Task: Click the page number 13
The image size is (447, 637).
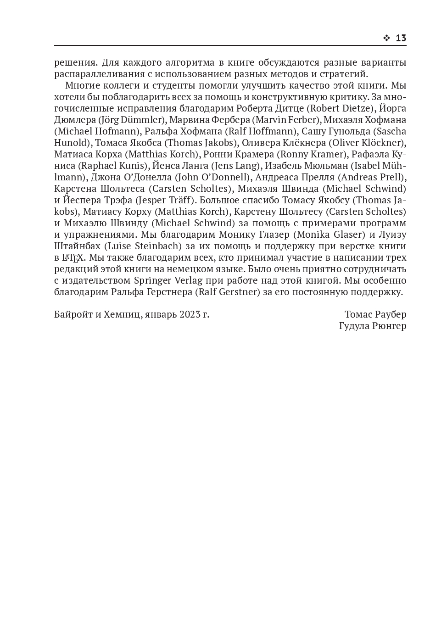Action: tap(401, 38)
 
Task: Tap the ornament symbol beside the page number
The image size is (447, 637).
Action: tap(386, 38)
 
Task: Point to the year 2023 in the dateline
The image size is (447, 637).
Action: tap(190, 315)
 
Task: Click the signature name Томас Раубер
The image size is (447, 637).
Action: tap(375, 315)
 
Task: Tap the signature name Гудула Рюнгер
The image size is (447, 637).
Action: tap(372, 326)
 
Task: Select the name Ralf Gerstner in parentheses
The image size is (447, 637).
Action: tap(228, 292)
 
